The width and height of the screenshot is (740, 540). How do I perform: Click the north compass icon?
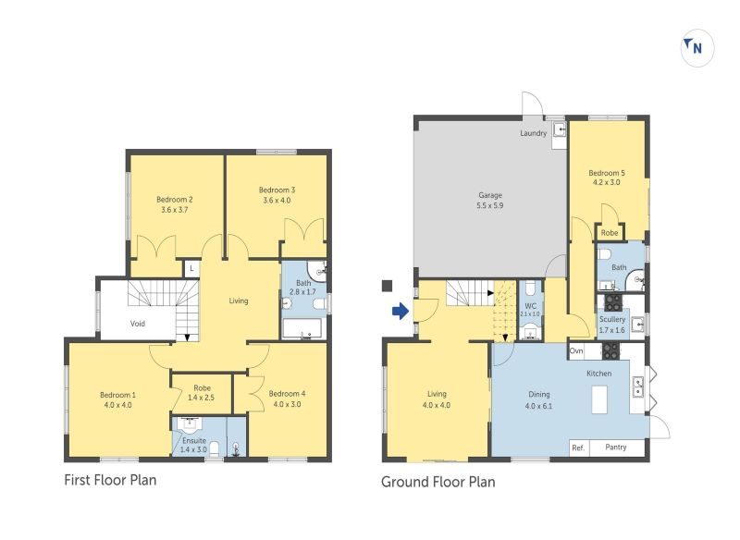[697, 47]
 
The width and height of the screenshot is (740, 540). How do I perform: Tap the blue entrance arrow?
[401, 311]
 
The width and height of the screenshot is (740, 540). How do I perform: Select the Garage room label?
[490, 200]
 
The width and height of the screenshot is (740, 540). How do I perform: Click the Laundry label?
[534, 133]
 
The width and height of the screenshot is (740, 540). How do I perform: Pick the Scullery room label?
[612, 324]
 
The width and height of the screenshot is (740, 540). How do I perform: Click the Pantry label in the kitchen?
[616, 447]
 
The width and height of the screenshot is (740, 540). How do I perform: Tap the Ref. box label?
[578, 448]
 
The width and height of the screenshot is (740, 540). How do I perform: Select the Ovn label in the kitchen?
[576, 350]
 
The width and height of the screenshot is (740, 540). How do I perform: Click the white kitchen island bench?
[599, 399]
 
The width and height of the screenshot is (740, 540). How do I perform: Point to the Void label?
[137, 324]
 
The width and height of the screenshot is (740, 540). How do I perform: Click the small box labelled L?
[191, 269]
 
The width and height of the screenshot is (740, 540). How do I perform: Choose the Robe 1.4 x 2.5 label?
[201, 392]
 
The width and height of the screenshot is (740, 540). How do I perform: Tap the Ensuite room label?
[194, 445]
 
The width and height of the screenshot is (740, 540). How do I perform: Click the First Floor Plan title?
[110, 480]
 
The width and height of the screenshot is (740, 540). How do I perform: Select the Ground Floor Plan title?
[438, 482]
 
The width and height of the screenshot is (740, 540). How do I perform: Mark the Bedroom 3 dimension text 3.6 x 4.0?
[277, 200]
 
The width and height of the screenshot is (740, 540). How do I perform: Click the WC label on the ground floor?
[530, 306]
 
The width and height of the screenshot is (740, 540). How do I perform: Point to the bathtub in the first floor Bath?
[302, 328]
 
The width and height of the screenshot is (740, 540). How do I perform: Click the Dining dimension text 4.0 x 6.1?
[538, 406]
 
